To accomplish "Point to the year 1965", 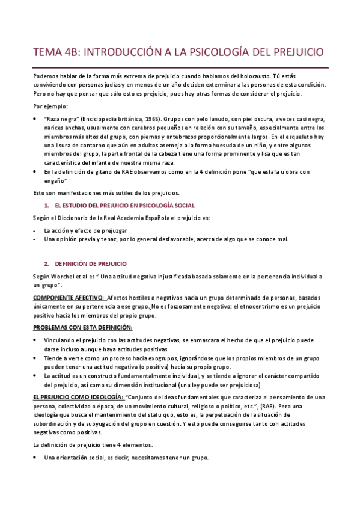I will pos(150,119).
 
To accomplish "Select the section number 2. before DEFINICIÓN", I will pos(46,264).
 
